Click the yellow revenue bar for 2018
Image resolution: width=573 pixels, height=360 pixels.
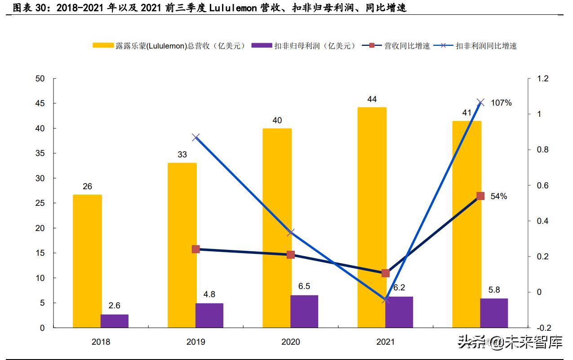click(x=87, y=261)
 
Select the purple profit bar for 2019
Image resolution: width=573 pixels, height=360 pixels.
click(x=209, y=316)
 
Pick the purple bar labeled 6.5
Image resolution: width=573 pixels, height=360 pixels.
click(x=304, y=311)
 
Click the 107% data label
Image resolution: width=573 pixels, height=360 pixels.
click(x=501, y=103)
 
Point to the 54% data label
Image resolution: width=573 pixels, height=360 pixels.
click(x=498, y=196)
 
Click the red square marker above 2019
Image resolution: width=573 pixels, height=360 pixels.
click(x=196, y=249)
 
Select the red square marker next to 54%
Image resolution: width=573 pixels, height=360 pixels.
click(x=480, y=196)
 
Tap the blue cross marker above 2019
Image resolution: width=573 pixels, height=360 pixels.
click(x=196, y=138)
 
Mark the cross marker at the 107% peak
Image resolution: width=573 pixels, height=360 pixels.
click(x=480, y=102)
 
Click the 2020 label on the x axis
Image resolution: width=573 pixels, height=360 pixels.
click(x=290, y=342)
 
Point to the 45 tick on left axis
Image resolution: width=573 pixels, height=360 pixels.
click(x=40, y=103)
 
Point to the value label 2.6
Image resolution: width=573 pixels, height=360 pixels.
click(x=114, y=306)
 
